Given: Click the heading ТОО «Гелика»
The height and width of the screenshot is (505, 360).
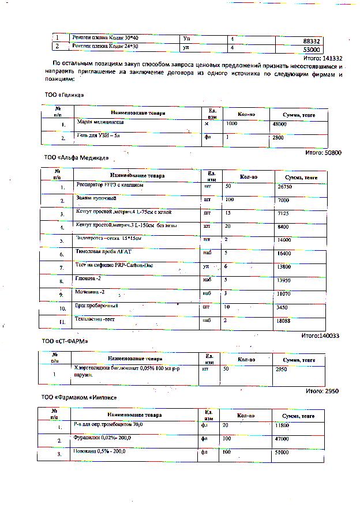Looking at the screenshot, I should tap(60, 95).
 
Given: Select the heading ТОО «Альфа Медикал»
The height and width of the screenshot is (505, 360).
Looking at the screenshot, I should tap(76, 157).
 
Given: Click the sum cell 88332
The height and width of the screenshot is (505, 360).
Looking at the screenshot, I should tap(311, 42).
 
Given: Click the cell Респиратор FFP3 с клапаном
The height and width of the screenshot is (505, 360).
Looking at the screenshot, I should tap(109, 186).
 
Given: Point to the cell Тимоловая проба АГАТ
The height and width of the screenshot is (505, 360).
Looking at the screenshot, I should tap(104, 252).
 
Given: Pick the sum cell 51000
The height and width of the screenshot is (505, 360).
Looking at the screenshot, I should tap(282, 453).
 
